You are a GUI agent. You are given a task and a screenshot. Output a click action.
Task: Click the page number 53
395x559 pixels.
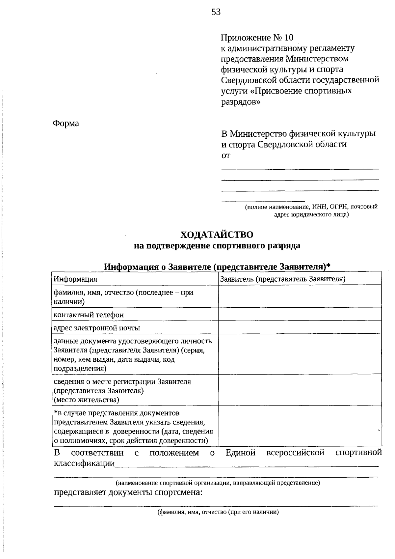click(216, 13)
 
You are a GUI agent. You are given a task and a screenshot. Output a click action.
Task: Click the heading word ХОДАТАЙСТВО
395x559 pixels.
click(217, 235)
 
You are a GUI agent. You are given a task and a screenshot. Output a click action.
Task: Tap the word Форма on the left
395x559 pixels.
click(66, 124)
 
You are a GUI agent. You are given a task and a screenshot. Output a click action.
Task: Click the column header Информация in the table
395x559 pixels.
click(75, 279)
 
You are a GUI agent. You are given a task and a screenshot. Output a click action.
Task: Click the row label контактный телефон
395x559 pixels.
click(89, 315)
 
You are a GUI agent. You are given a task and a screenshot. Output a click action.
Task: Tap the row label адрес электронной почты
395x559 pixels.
click(97, 328)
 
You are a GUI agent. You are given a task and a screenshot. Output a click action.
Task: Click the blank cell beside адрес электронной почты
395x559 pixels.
click(300, 327)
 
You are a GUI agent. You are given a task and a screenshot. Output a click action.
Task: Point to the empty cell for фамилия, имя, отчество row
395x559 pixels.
click(300, 296)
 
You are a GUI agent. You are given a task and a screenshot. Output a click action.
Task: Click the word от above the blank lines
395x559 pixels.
click(226, 155)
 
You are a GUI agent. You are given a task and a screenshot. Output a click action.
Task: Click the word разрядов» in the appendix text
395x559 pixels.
click(240, 101)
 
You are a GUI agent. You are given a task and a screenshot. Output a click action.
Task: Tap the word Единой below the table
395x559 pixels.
click(241, 453)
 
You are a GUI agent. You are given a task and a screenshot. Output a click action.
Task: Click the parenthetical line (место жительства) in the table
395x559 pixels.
click(86, 400)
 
